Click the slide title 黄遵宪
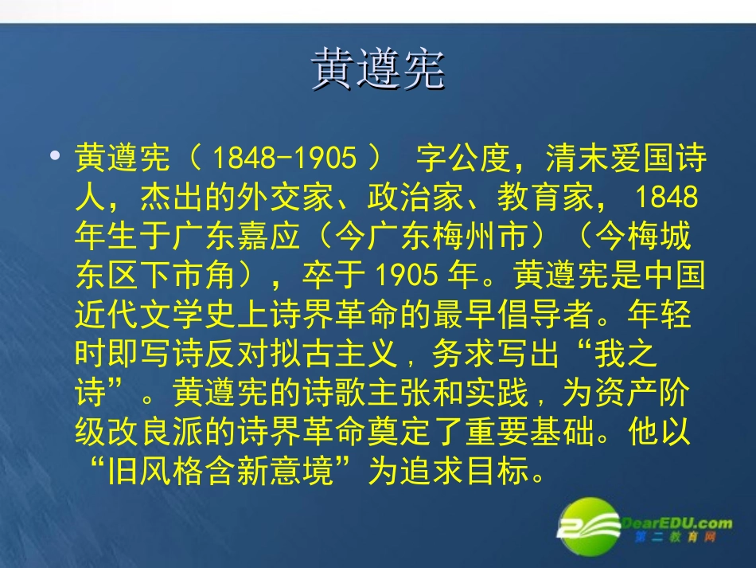tap(377, 69)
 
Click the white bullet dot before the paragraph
tap(55, 155)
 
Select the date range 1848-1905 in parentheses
tap(284, 158)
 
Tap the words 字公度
tap(463, 158)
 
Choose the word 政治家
tap(415, 197)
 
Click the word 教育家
tap(545, 197)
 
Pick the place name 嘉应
tap(268, 236)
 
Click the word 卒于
tap(333, 275)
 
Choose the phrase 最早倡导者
tap(513, 314)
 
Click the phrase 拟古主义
tap(334, 353)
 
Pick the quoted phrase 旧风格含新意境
tap(220, 471)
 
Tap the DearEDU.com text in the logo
tap(676, 523)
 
